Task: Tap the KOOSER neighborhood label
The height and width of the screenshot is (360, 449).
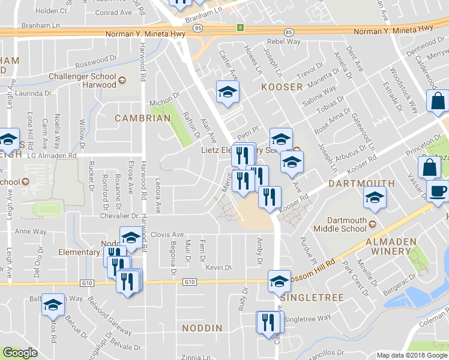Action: (x=282, y=87)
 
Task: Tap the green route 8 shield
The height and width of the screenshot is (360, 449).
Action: (x=241, y=28)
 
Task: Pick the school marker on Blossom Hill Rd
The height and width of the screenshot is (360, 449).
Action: (x=279, y=281)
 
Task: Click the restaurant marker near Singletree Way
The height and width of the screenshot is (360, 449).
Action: (x=268, y=323)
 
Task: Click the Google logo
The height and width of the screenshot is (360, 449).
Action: (x=19, y=353)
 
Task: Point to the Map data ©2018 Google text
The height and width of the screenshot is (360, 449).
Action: (x=412, y=355)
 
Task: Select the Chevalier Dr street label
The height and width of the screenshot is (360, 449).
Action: (x=118, y=216)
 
